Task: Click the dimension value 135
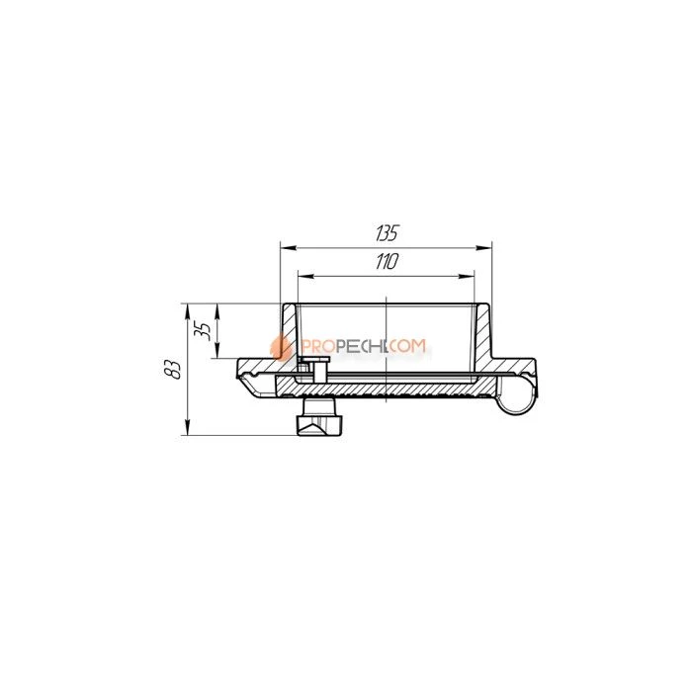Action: [388, 233]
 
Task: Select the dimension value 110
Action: [388, 261]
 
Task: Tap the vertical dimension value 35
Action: [202, 330]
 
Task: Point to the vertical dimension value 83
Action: [173, 369]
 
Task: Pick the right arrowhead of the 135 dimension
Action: [483, 248]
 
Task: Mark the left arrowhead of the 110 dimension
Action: [305, 276]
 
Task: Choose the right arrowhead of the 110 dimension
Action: [466, 276]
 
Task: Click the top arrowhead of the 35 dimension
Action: [217, 311]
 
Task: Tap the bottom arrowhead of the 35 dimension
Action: [217, 350]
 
